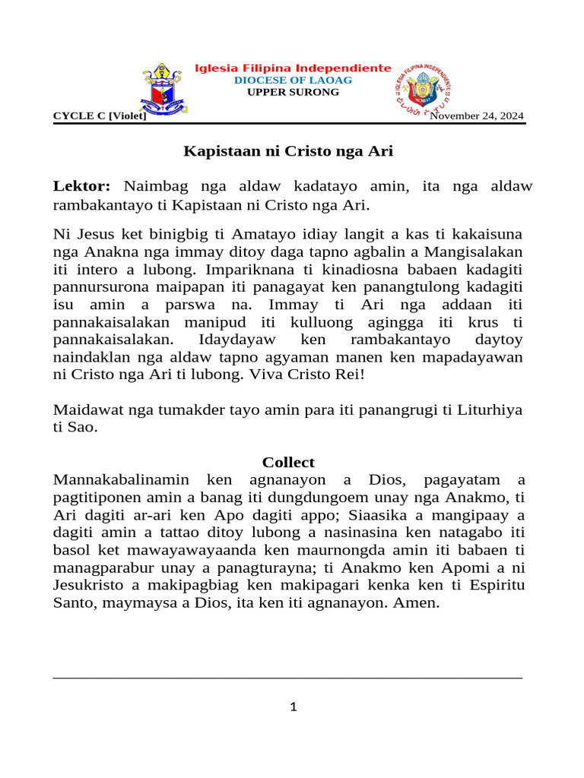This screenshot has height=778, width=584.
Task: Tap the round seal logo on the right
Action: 423,90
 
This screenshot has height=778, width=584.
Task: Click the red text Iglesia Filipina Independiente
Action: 294,68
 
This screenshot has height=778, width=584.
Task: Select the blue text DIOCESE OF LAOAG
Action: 294,81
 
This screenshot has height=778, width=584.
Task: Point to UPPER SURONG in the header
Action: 294,93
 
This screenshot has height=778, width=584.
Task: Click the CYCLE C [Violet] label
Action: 100,115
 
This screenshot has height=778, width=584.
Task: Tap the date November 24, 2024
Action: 477,115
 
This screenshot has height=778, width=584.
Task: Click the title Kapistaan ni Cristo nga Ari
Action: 288,150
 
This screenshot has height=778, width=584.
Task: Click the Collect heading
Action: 288,462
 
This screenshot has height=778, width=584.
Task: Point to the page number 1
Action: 293,707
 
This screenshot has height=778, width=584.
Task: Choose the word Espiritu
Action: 492,585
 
